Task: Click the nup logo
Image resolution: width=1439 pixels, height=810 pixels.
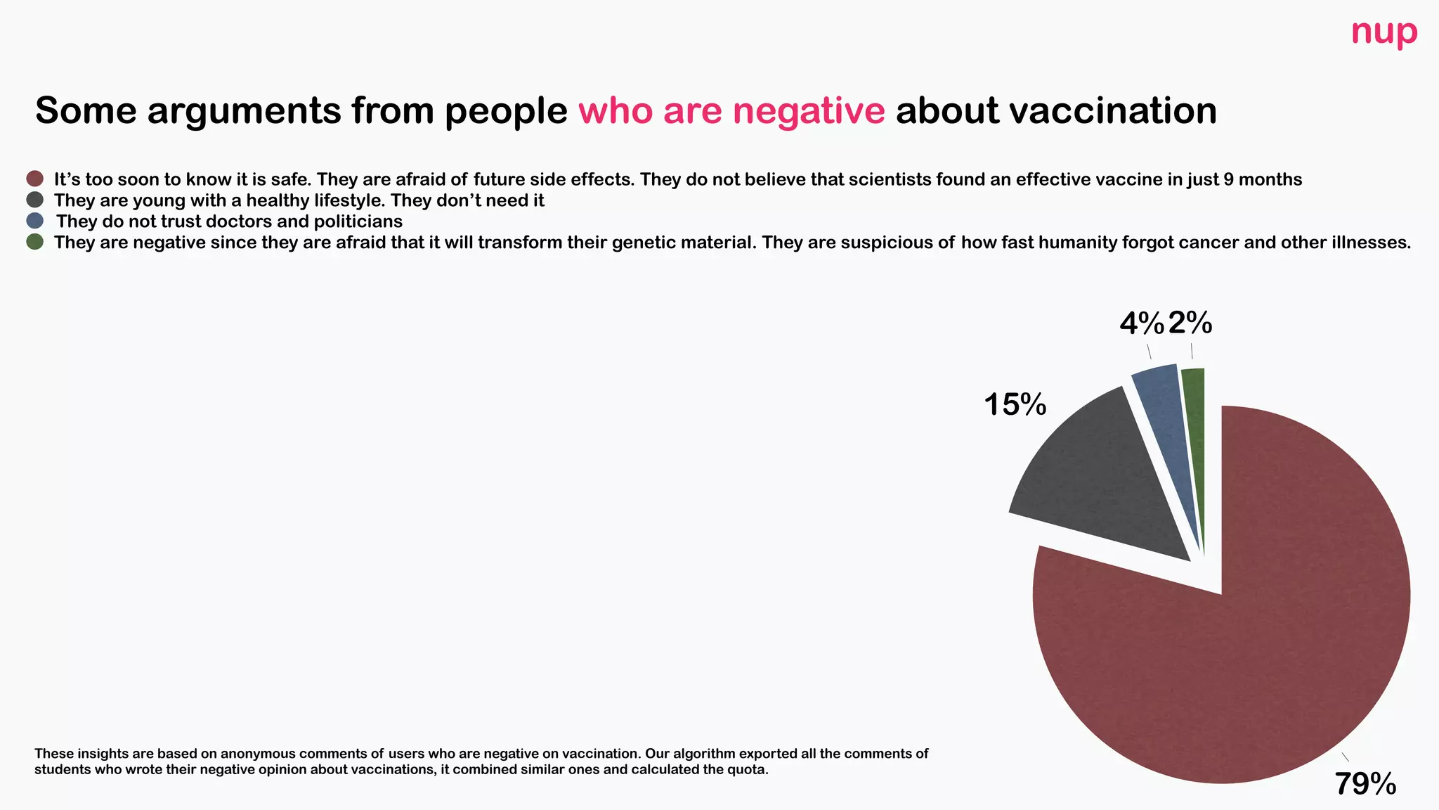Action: pos(1383,33)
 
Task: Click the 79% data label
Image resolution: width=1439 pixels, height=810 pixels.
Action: pos(1365,783)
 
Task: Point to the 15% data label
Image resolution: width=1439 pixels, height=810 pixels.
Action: pos(1015,404)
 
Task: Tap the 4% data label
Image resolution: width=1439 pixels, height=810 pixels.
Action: pos(1141,323)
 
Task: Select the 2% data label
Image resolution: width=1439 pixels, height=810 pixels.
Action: pos(1190,323)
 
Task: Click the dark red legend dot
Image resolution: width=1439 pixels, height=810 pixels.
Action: pos(34,179)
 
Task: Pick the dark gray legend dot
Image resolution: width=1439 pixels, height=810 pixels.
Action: pos(34,200)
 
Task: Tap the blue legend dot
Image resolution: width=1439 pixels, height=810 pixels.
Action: pos(34,221)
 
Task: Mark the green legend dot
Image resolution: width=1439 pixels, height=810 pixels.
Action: pos(34,242)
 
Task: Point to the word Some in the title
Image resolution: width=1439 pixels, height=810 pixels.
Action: pos(85,111)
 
